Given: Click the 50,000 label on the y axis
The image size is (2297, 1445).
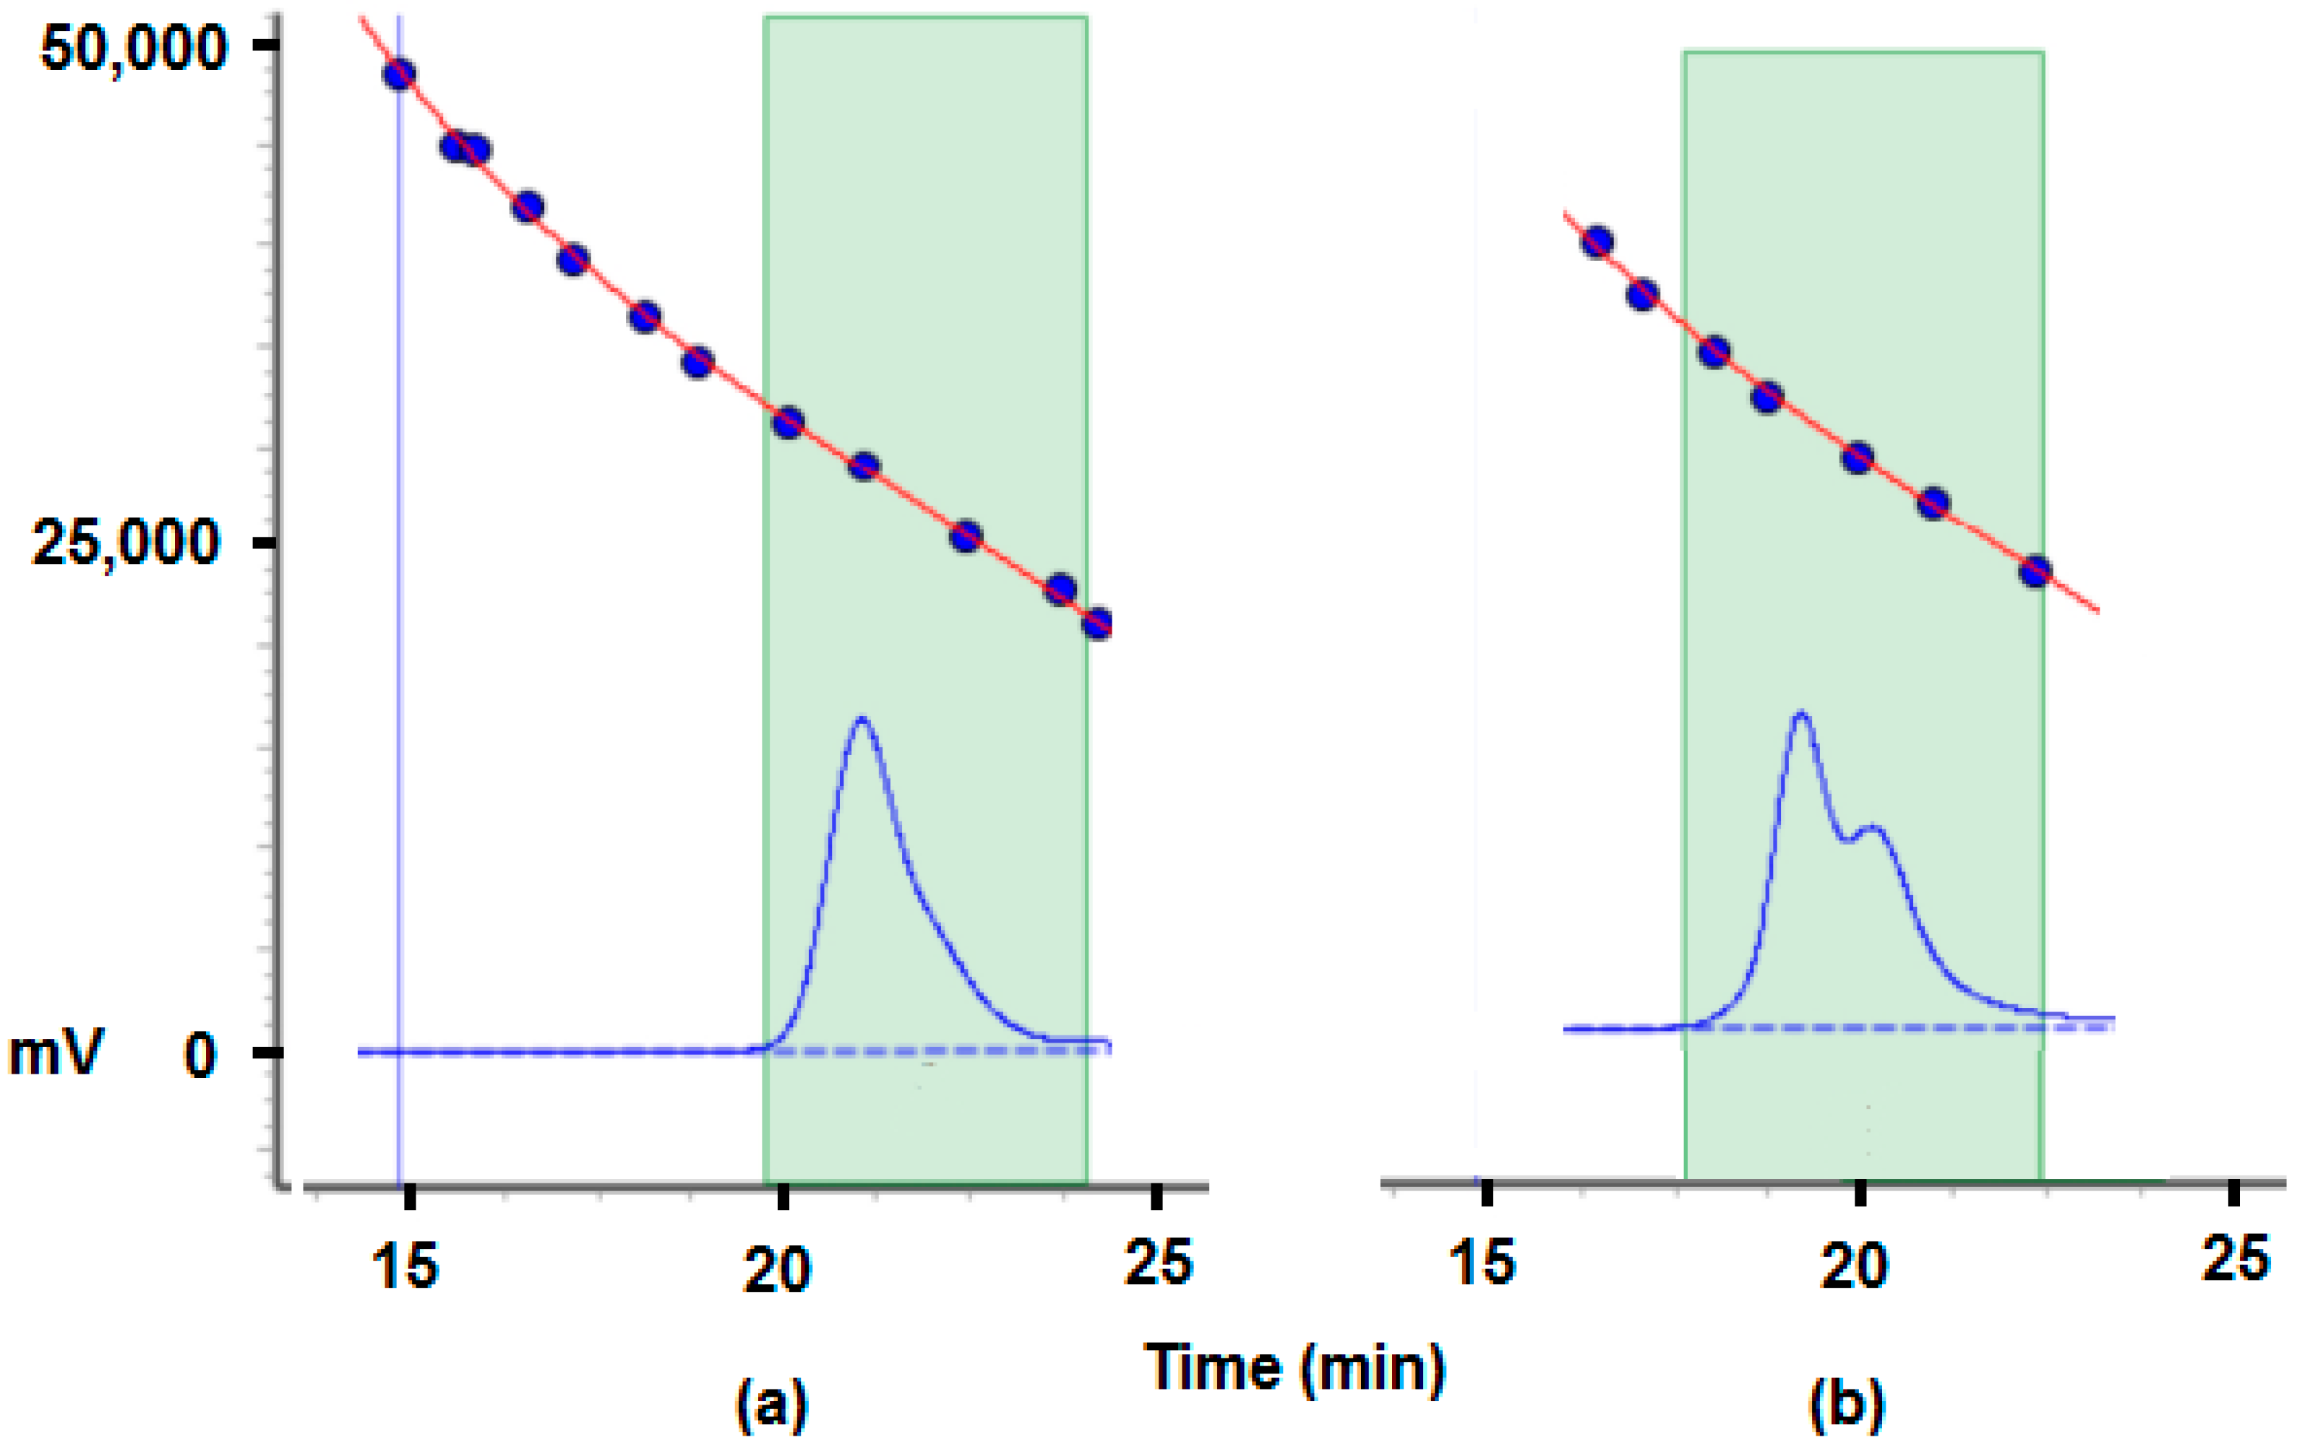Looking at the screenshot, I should (x=134, y=48).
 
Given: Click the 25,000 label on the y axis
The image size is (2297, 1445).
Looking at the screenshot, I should (x=128, y=543).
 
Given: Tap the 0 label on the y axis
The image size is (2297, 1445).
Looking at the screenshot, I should (x=201, y=1054).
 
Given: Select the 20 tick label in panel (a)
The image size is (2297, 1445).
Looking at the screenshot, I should (x=778, y=1269).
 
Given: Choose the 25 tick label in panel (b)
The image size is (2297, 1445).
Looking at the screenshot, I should (x=2235, y=1258).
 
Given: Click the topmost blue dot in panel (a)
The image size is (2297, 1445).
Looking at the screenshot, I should (x=399, y=74).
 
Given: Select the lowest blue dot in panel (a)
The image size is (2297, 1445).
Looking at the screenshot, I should (x=1098, y=624).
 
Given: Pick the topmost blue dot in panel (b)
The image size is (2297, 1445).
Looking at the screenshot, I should (x=1597, y=242).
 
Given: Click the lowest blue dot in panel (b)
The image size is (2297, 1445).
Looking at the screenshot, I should (x=2035, y=572).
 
